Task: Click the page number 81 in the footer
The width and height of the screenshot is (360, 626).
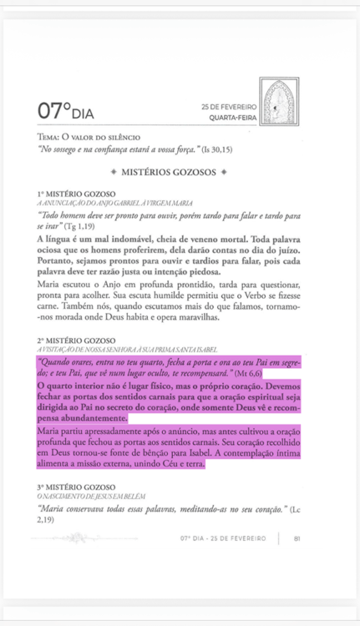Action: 297,538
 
